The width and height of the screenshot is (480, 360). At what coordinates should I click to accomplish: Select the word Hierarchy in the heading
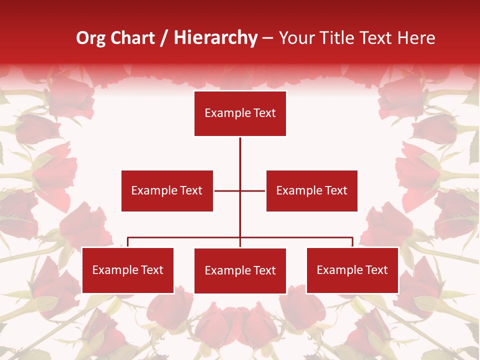tap(215, 38)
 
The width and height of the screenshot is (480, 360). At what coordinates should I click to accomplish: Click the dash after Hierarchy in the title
tap(267, 38)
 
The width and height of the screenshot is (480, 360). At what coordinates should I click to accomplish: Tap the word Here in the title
tap(416, 38)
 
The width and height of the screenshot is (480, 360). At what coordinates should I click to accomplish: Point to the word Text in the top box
tap(264, 113)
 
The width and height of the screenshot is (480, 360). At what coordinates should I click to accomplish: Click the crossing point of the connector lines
tap(240, 190)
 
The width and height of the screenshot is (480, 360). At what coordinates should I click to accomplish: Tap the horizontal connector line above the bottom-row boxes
tap(185, 237)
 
